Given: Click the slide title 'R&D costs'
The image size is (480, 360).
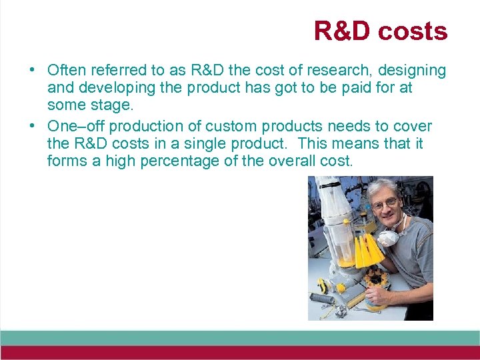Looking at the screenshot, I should tap(380, 31).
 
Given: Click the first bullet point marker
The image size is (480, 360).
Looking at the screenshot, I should tap(31, 71).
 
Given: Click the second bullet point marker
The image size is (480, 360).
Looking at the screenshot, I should tap(31, 127).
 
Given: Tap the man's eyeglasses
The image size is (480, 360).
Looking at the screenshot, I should tap(385, 204).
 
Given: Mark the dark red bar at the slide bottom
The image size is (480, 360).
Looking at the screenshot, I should tap(240, 353).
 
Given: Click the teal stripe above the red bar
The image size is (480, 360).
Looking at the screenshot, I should tap(240, 337).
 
